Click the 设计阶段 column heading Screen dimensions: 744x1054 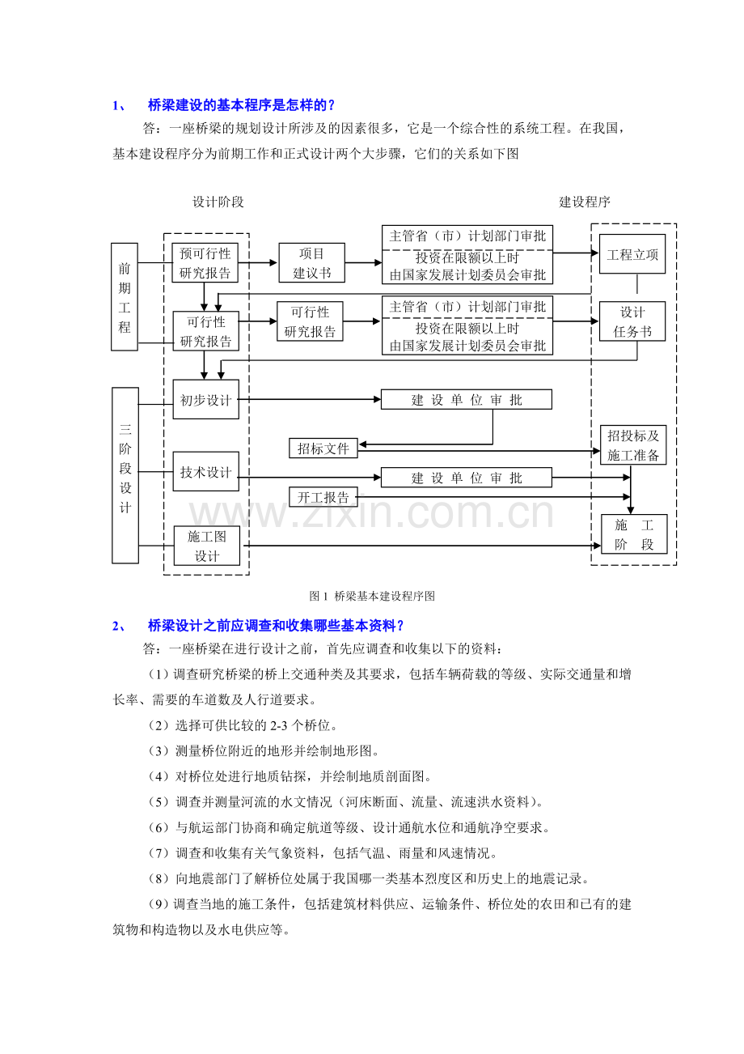coord(218,202)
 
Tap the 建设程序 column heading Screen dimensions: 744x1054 coord(585,202)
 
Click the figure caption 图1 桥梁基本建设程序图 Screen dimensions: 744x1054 coord(372,596)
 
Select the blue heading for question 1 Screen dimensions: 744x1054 coord(224,105)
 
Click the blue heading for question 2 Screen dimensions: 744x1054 coord(258,625)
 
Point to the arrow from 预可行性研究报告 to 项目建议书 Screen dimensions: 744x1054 coord(258,262)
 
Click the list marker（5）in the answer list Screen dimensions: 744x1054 coord(159,801)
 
